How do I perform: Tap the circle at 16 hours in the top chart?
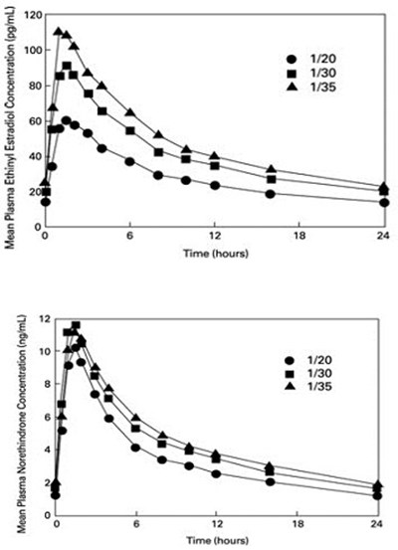[x=272, y=193]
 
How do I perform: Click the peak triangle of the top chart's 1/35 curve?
[x=58, y=32]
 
